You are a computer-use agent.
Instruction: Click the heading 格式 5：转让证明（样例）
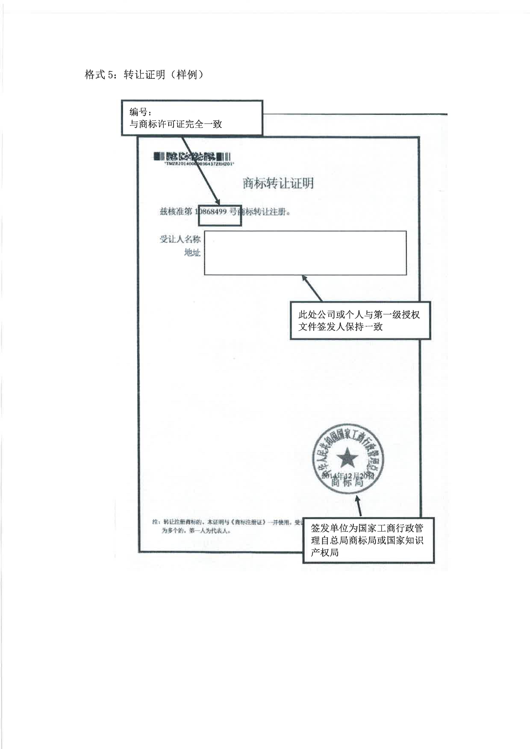pyautogui.click(x=144, y=75)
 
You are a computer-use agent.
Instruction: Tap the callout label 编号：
pyautogui.click(x=140, y=112)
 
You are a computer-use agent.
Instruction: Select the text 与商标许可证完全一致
pyautogui.click(x=176, y=124)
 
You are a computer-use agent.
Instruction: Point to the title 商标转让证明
pyautogui.click(x=278, y=183)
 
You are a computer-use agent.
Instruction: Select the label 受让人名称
pyautogui.click(x=180, y=239)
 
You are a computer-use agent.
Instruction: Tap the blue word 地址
pyautogui.click(x=192, y=252)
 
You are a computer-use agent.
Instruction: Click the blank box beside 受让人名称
pyautogui.click(x=305, y=253)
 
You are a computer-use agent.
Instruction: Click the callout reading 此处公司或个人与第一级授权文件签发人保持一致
pyautogui.click(x=360, y=320)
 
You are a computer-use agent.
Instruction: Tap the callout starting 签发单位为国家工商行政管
pyautogui.click(x=368, y=540)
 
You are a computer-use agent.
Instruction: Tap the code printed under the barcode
pyautogui.click(x=199, y=164)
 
